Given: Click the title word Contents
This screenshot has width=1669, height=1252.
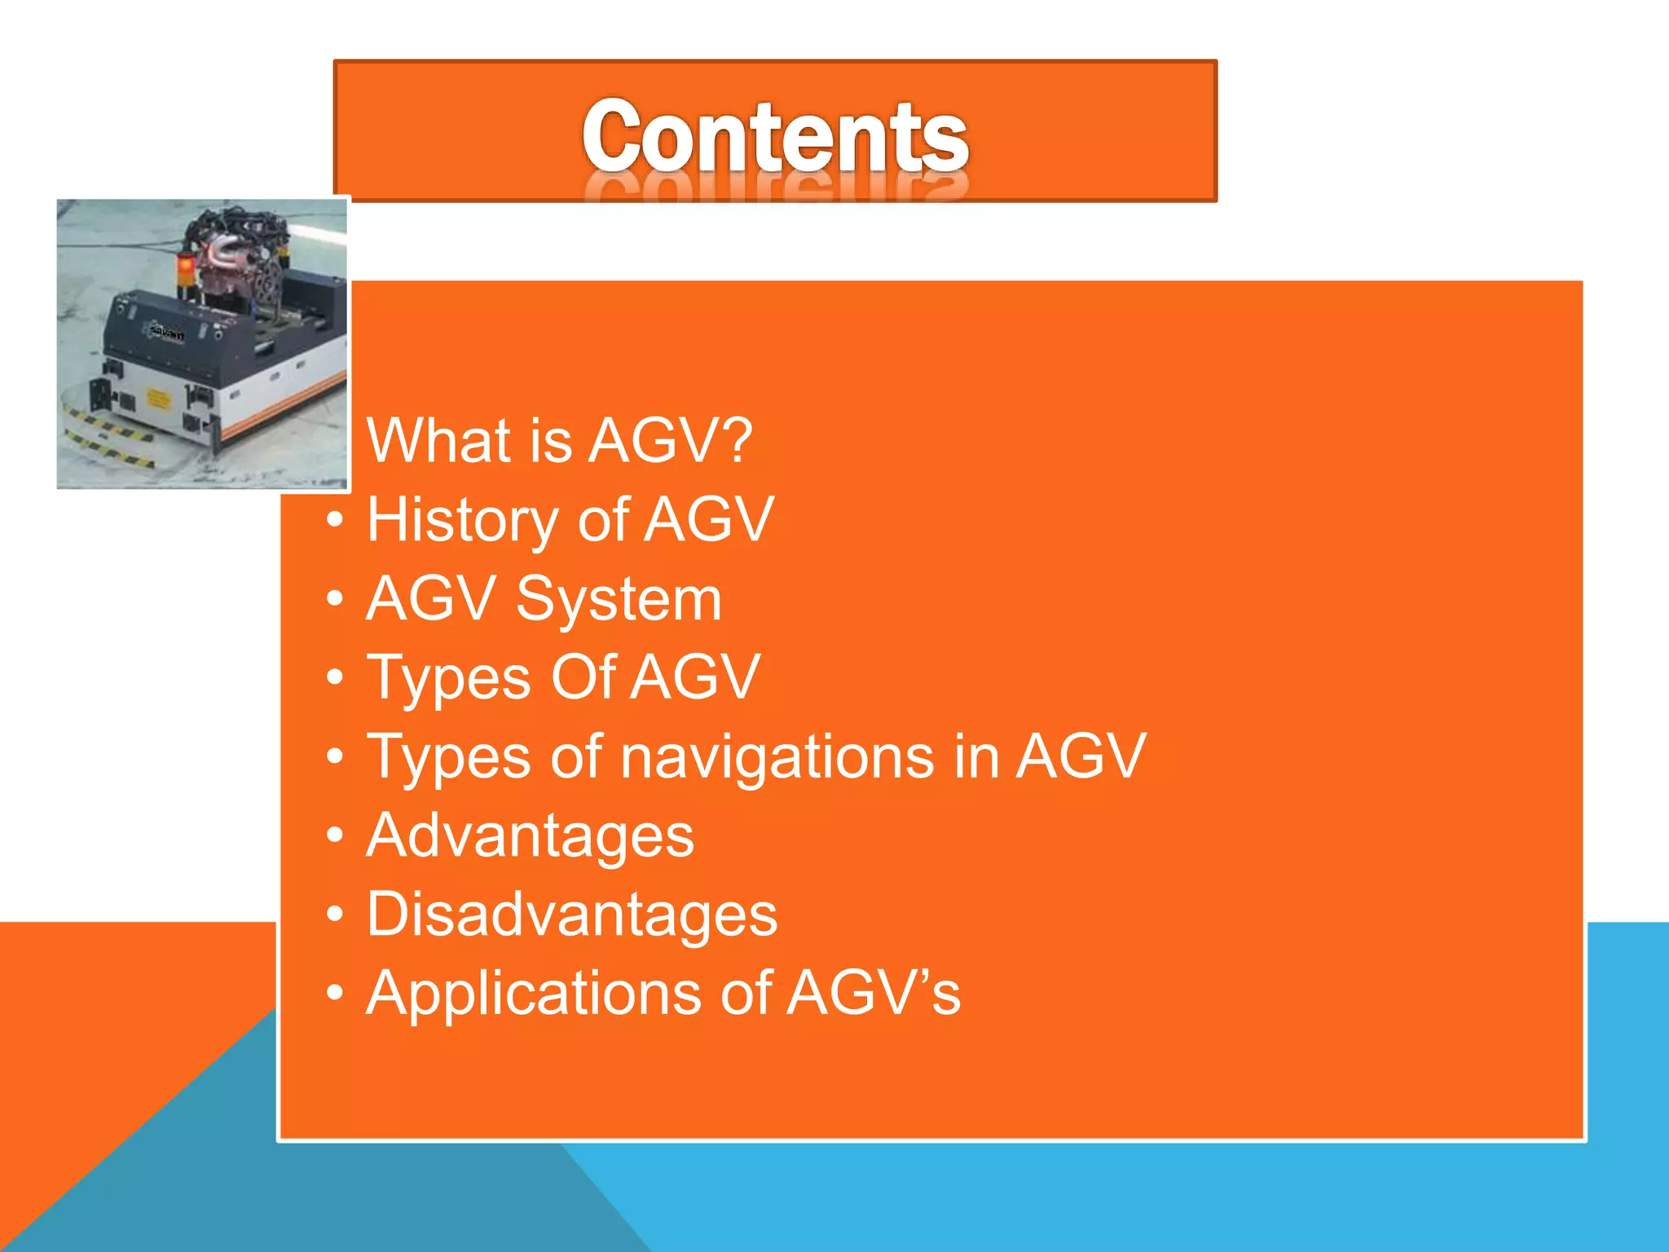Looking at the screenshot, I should (775, 136).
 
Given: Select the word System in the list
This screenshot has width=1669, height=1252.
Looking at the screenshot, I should (619, 599).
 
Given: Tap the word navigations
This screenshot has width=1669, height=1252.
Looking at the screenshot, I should (777, 757).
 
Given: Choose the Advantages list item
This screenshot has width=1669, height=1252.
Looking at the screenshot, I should (530, 836).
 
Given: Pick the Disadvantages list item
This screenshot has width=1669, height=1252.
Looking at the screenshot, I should (572, 915).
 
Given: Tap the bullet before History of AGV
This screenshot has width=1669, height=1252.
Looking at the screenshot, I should (335, 520).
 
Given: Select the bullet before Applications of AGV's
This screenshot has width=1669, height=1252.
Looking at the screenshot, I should (335, 994).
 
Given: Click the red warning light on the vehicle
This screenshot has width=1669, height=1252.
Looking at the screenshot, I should (186, 266).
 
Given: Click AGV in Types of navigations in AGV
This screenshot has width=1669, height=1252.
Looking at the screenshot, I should (1081, 757).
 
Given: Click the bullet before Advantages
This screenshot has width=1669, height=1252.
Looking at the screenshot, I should (335, 836).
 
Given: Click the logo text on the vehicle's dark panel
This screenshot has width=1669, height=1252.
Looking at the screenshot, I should (167, 333).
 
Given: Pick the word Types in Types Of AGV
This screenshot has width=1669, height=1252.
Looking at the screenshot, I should (448, 679).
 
